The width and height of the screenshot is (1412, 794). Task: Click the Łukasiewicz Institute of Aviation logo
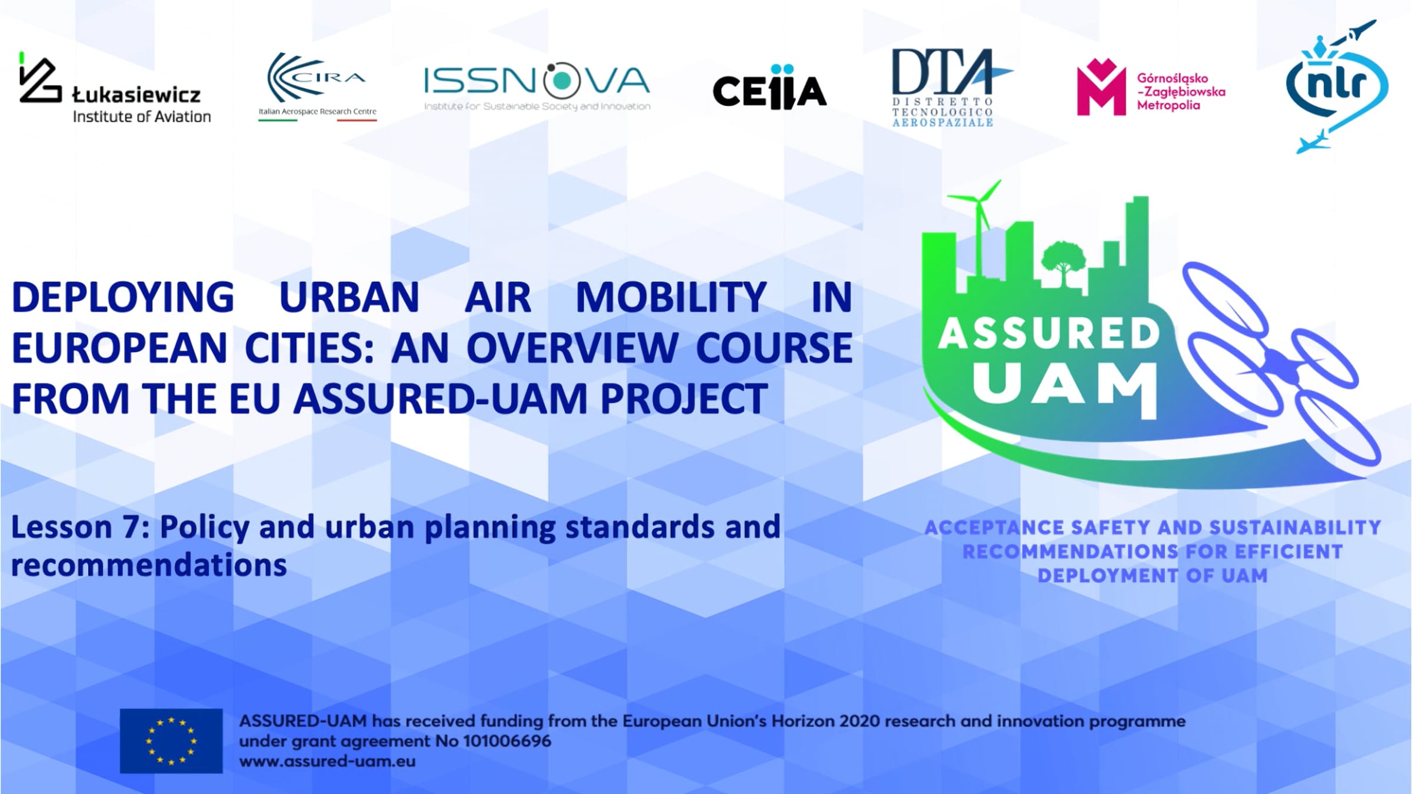tap(115, 88)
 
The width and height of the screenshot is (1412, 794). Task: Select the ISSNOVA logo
tap(537, 86)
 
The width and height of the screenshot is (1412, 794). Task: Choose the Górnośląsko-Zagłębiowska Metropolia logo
tap(1151, 87)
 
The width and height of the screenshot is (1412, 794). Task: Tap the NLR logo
tap(1337, 87)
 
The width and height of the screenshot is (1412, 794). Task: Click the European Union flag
tap(171, 740)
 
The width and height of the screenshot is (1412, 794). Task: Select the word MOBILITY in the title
tap(671, 297)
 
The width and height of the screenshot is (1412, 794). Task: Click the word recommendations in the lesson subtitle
tap(149, 565)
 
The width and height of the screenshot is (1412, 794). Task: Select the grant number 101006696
tap(507, 741)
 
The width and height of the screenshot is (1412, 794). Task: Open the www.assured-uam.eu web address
tap(327, 761)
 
